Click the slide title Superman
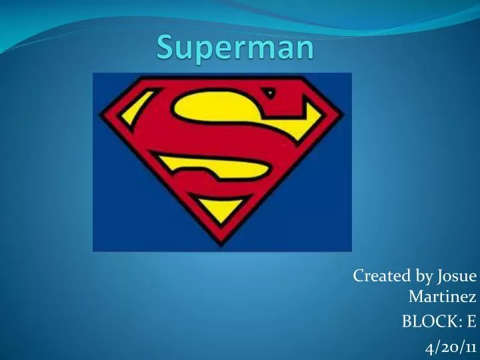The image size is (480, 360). tap(235, 48)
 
